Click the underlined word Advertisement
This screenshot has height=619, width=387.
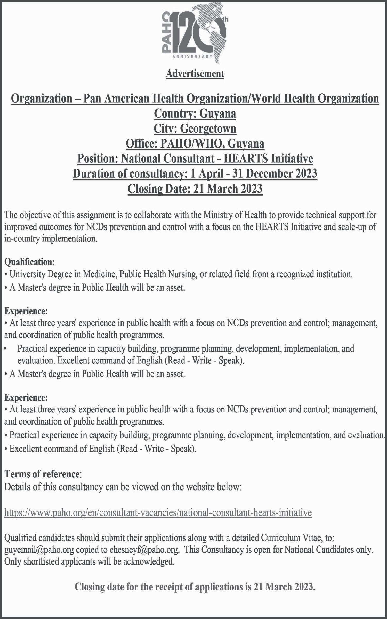pyautogui.click(x=195, y=74)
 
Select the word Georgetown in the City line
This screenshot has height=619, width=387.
pyautogui.click(x=208, y=128)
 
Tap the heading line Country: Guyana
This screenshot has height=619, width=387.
pyautogui.click(x=195, y=113)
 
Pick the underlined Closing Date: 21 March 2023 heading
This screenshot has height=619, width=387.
pyautogui.click(x=195, y=189)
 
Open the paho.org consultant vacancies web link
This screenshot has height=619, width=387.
pyautogui.click(x=158, y=512)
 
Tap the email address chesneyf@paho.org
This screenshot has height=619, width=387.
pyautogui.click(x=144, y=550)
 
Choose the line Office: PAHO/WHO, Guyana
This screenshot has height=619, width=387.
pyautogui.click(x=195, y=143)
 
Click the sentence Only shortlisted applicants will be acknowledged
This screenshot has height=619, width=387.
pyautogui.click(x=89, y=561)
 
